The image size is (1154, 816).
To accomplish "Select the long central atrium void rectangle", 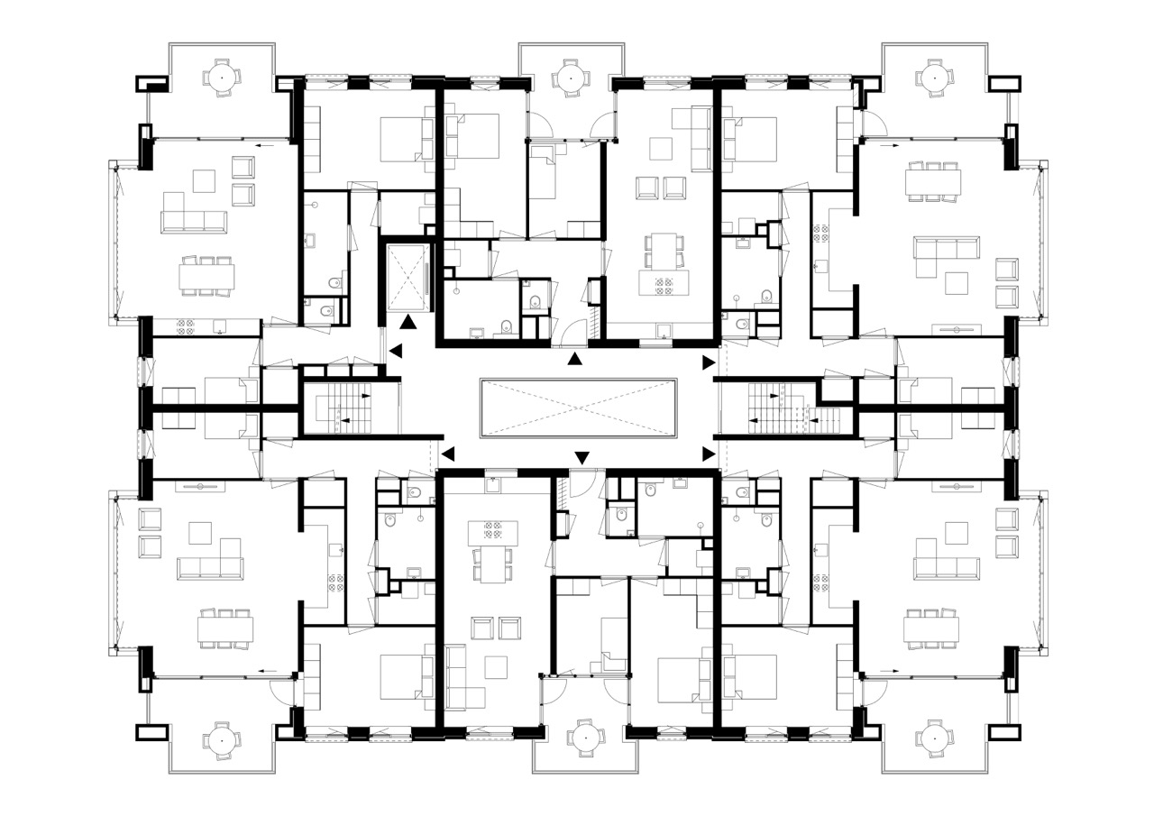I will (578, 408).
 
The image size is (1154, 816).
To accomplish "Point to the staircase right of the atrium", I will (779, 408).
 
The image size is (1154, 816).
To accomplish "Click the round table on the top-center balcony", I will (570, 78).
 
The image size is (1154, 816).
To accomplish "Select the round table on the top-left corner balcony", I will (222, 78).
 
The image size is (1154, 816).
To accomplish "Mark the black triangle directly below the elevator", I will (408, 320).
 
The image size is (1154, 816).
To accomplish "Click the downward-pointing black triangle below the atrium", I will (582, 457).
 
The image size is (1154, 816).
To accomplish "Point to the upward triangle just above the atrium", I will (574, 360).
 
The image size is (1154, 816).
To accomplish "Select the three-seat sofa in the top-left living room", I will (193, 221).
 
